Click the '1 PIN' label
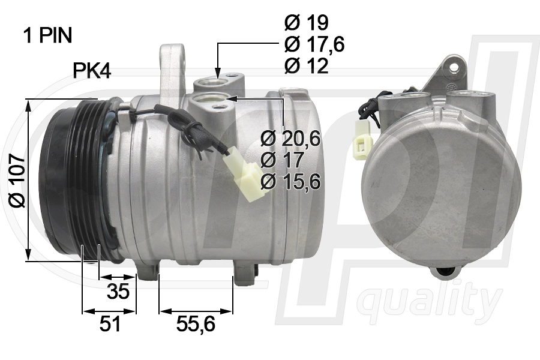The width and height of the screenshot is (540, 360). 47,36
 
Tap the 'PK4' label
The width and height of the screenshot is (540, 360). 92,71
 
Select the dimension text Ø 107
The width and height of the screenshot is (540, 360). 17,180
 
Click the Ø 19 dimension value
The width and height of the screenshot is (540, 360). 306,23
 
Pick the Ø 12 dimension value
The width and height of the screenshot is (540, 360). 306,66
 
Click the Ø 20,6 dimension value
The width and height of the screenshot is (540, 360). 291,139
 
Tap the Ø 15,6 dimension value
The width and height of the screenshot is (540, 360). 291,181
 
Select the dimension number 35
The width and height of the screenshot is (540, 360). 118,292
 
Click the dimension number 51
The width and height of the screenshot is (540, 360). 110,325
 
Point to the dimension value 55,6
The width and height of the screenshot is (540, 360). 196,325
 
